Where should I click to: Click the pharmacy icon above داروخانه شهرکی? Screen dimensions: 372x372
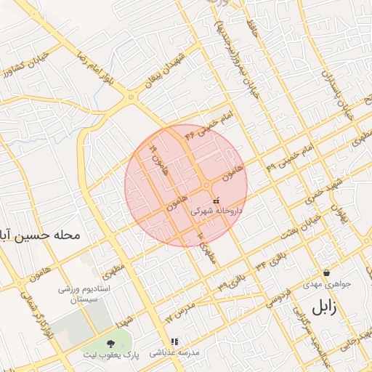pos(215,199)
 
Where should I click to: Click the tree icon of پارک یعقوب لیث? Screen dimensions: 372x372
pos(110,342)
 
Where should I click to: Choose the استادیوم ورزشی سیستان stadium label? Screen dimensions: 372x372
pos(84,294)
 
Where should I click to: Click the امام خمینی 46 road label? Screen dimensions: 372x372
pos(207,122)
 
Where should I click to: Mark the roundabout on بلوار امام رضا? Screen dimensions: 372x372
pos(131,96)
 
